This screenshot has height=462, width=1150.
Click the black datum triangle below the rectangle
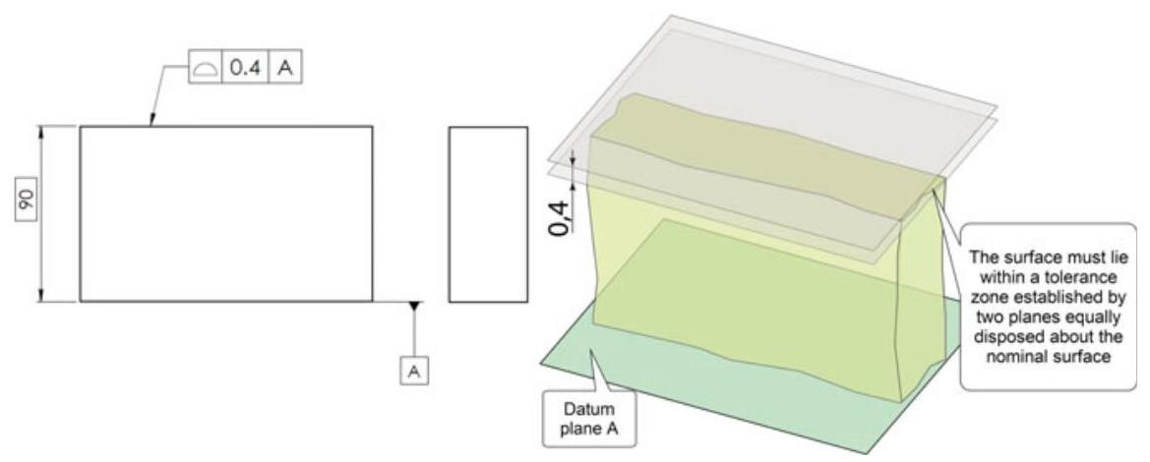414,307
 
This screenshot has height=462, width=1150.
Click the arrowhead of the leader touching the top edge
150,123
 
